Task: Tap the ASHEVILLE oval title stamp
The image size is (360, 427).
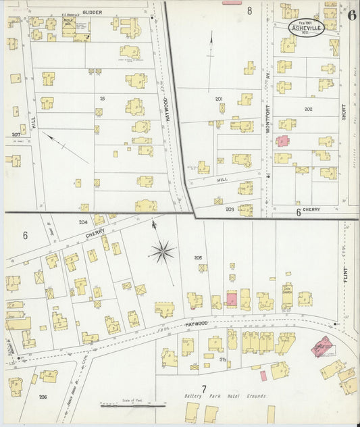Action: (306, 28)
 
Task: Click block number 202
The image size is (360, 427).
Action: (308, 109)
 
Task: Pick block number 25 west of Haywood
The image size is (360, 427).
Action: (103, 99)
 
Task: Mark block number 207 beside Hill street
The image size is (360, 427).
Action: (16, 134)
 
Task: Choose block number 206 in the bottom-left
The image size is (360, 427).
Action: (43, 397)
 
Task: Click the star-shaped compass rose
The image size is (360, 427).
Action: (162, 252)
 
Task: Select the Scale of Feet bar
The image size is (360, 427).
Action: (132, 405)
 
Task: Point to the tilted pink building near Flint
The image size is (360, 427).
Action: (322, 347)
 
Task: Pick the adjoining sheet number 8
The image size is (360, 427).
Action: (249, 10)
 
